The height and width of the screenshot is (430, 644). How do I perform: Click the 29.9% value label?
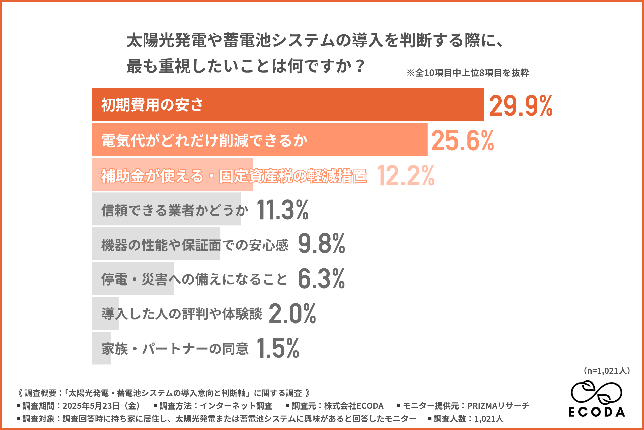tap(521, 106)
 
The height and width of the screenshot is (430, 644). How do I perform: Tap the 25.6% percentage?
tap(463, 141)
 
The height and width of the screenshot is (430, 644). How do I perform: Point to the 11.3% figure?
tap(282, 210)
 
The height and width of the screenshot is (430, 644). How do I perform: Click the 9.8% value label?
tap(321, 244)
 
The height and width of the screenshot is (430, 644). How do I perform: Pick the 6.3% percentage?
tap(321, 279)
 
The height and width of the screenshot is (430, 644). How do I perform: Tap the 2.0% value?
tap(292, 314)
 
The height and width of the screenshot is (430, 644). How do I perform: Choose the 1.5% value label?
tap(278, 348)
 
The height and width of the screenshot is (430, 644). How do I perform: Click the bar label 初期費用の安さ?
tap(152, 105)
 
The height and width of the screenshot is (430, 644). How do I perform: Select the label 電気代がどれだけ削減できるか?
tap(204, 140)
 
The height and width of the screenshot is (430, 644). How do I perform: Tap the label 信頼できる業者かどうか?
tap(174, 210)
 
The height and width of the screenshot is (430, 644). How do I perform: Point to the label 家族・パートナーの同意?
tap(175, 349)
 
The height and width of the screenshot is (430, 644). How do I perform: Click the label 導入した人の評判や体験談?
tap(181, 314)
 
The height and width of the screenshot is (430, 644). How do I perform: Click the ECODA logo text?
tap(596, 412)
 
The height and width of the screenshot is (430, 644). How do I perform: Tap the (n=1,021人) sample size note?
tap(607, 371)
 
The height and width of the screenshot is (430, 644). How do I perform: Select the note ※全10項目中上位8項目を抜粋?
tap(468, 73)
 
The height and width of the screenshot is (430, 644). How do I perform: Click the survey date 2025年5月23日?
tap(91, 406)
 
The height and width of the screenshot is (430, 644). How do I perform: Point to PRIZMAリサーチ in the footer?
tap(498, 406)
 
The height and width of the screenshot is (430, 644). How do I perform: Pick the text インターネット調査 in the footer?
tap(236, 406)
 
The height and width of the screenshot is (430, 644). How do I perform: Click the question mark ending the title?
tap(360, 66)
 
